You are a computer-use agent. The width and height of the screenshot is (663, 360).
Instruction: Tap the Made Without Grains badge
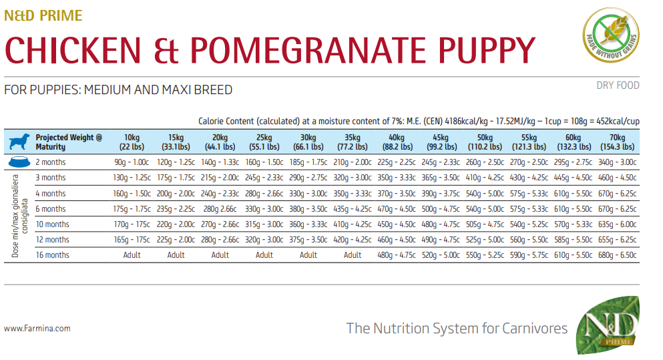[x=609, y=38]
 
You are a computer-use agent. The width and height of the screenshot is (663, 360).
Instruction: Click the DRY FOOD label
[x=618, y=85]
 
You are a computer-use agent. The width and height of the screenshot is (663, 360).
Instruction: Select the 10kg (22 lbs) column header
[x=132, y=142]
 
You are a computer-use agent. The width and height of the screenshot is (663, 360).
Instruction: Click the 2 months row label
[x=50, y=162]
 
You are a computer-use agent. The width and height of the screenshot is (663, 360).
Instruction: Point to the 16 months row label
[x=52, y=254]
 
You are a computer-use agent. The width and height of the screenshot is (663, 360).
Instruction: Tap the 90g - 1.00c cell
[x=132, y=162]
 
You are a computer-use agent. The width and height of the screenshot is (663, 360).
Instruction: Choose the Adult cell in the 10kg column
[x=132, y=254]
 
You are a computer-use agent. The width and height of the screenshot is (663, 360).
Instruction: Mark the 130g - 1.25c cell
[x=132, y=178]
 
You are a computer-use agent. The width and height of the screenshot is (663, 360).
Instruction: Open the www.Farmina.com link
[x=37, y=329]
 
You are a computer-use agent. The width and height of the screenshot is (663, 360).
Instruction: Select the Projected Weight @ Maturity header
[x=69, y=142]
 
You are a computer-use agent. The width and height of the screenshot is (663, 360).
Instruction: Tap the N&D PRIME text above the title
[x=43, y=15]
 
